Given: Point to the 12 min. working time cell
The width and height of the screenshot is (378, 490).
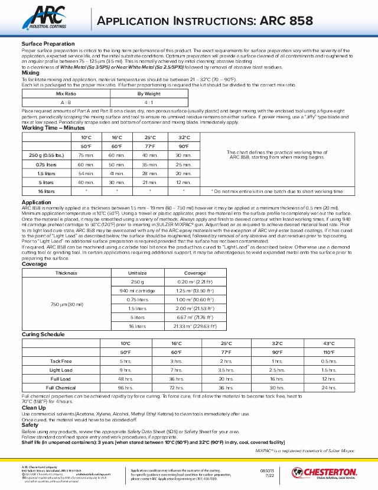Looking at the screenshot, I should tap(184, 182).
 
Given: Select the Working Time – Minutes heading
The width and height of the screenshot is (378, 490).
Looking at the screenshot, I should tap(53, 128).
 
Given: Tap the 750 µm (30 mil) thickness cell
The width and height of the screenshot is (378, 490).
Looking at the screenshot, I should tap(66, 304).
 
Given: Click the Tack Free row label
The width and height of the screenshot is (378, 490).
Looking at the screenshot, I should tap(61, 360).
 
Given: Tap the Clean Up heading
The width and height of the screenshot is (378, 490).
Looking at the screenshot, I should tap(33, 408).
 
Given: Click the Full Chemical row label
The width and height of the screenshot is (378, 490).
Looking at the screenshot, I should tap(61, 387).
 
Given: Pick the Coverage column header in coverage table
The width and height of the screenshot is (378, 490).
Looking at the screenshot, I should tap(195, 273).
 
